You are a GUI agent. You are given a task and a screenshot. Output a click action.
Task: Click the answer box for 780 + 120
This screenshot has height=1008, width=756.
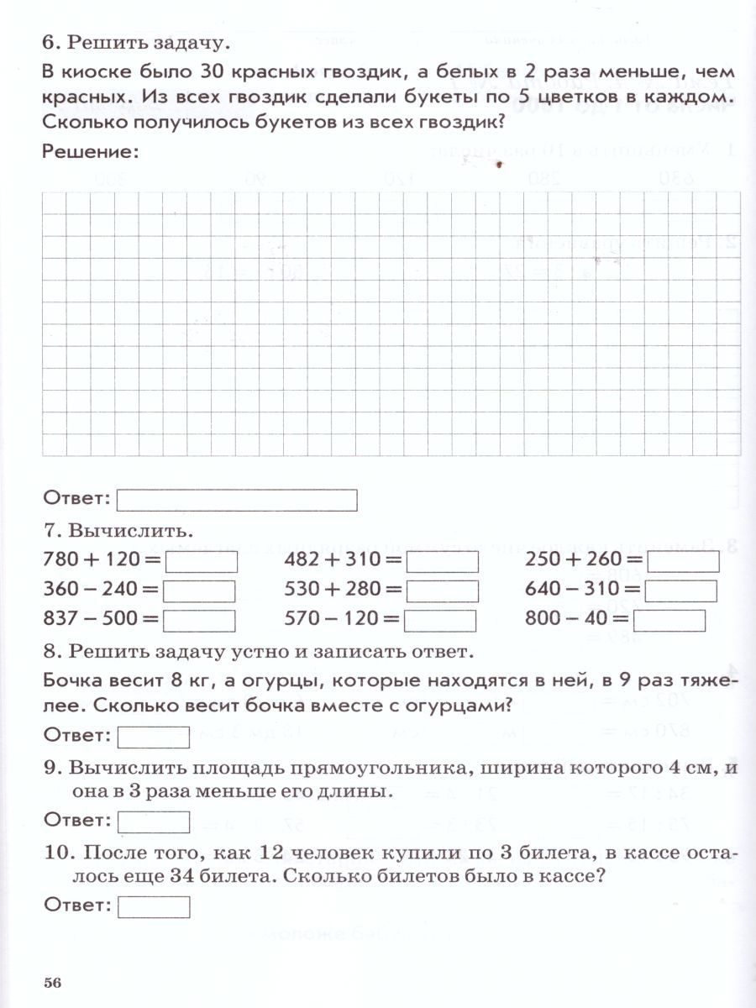point(200,561)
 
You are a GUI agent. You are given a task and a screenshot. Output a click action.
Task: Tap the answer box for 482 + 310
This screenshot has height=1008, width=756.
point(443,561)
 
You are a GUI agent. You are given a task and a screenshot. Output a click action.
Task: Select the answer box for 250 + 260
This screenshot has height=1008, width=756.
point(684,561)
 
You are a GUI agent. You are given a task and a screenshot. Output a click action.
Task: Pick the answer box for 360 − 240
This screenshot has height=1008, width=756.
point(199,591)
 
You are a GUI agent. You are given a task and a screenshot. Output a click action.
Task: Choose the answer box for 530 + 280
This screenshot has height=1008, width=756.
point(442,591)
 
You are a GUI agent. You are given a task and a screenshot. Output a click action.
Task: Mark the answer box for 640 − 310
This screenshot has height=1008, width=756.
point(681,591)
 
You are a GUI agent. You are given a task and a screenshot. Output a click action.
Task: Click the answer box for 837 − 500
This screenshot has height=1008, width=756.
point(199,621)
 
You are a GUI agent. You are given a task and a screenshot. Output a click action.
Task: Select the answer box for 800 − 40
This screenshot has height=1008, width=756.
point(669,621)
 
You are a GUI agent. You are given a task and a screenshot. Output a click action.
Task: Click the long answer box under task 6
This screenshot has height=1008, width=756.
point(237,501)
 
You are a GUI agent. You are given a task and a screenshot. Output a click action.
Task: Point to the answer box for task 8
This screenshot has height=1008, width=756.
point(154,737)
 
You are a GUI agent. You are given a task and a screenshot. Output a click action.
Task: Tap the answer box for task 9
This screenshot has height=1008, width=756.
point(154,821)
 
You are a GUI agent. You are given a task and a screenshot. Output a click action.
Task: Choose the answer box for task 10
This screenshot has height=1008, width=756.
point(154,906)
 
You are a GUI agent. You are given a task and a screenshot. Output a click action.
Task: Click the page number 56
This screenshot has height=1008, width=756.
point(54,984)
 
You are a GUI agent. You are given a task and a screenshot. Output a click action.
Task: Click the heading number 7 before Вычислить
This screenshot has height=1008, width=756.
point(48,532)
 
